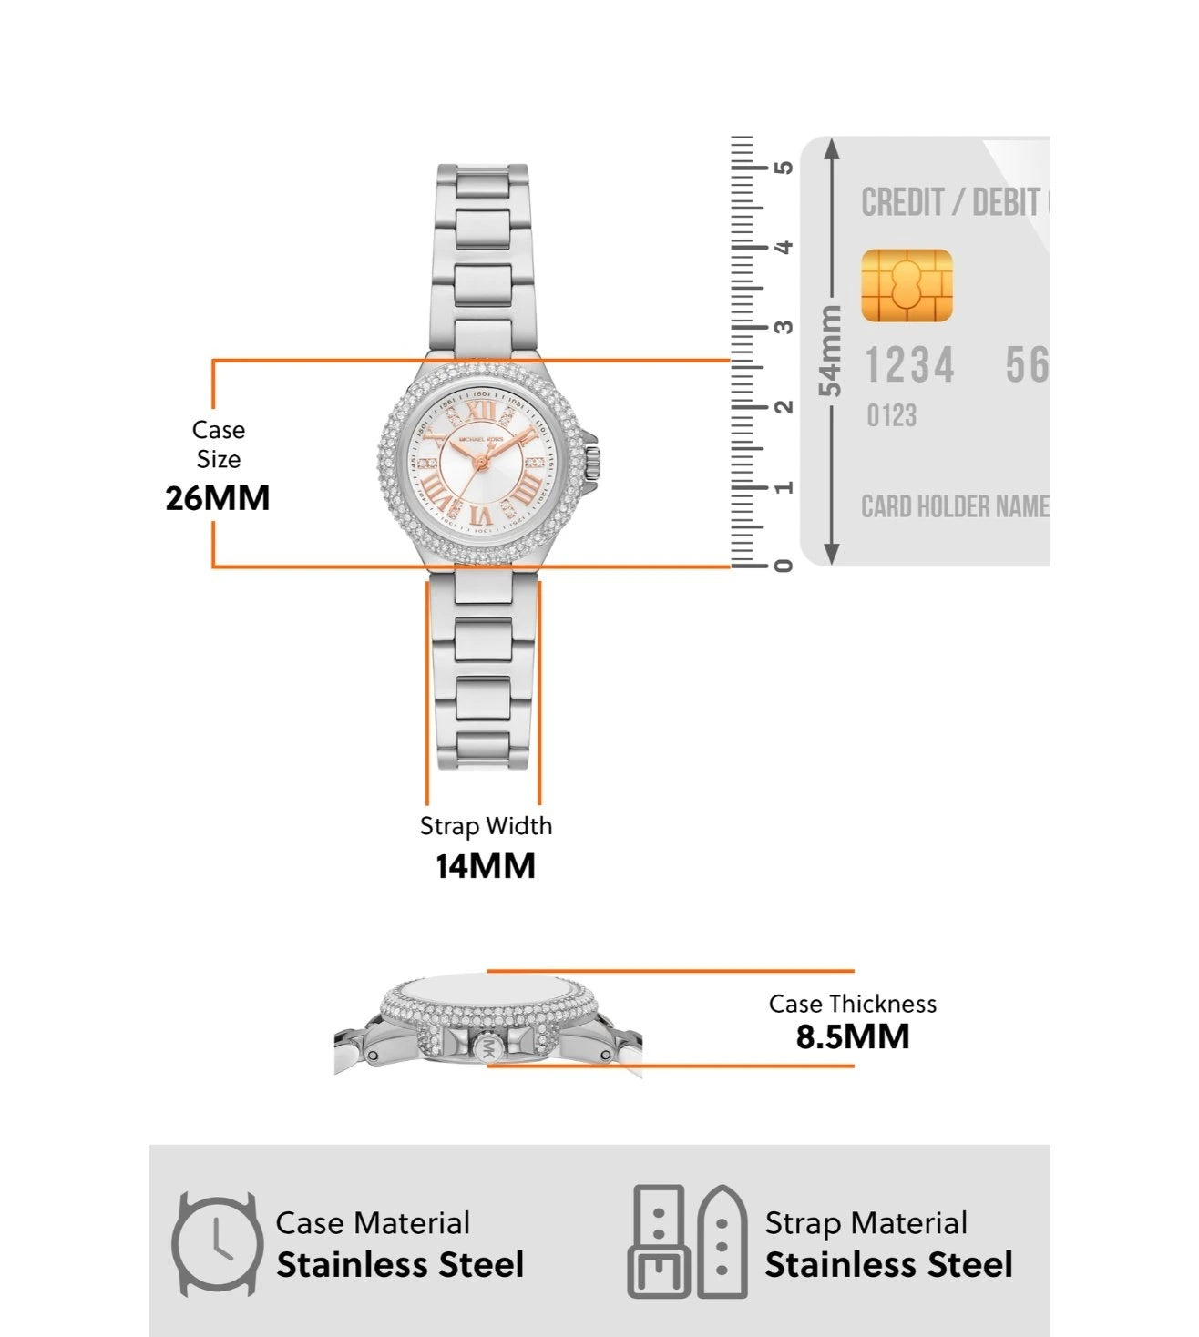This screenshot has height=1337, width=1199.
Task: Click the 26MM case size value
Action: tap(218, 498)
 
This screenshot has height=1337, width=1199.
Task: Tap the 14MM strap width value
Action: tap(485, 866)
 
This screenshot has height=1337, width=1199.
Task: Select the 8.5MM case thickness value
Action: tap(853, 1036)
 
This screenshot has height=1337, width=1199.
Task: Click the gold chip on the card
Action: tap(907, 285)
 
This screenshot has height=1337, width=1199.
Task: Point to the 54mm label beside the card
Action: tap(831, 351)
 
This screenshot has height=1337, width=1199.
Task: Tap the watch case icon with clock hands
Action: tap(216, 1244)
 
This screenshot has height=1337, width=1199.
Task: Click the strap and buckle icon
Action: tap(688, 1242)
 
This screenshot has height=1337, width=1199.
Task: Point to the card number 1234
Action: tap(908, 366)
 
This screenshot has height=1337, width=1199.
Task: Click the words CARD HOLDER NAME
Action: tap(955, 506)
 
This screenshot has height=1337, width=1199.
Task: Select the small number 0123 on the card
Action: tap(891, 416)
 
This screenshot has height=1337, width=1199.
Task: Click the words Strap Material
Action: tap(866, 1223)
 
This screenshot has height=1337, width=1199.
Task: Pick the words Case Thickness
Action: tap(852, 1004)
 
